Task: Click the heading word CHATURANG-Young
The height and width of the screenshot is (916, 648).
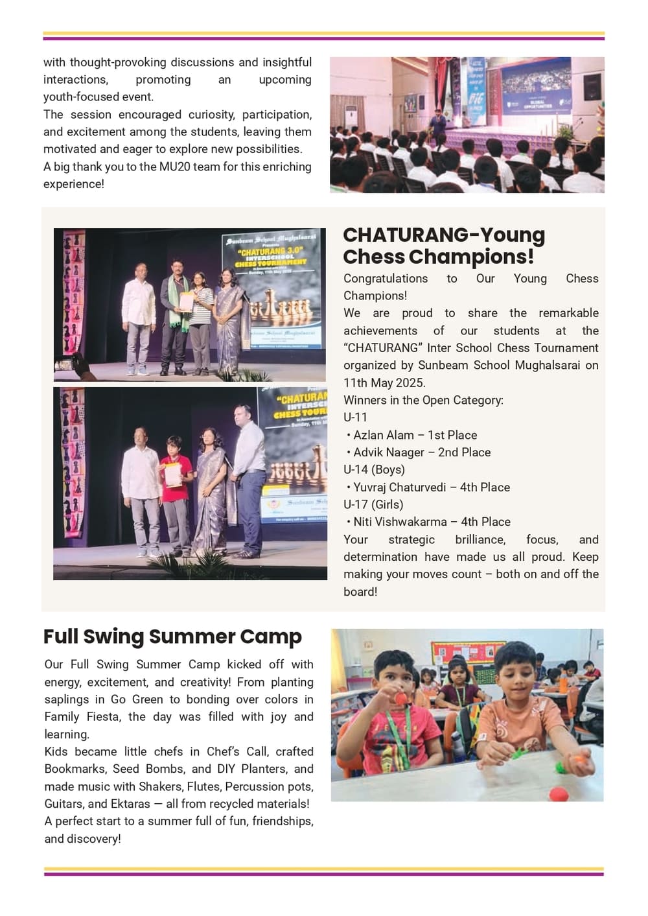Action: [x=444, y=235]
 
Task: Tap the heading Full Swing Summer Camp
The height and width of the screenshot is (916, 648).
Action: [x=172, y=637]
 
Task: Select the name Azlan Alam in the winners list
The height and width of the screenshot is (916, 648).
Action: [x=384, y=435]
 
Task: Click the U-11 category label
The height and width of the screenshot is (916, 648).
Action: [x=355, y=417]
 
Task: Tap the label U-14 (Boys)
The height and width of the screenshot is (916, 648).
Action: [x=374, y=470]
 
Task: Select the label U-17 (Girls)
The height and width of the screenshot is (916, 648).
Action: [x=373, y=504]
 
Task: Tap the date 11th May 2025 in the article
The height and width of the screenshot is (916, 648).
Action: [x=384, y=382]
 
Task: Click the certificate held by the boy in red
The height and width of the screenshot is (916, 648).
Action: [x=173, y=475]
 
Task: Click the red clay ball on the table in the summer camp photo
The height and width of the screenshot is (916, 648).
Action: [x=557, y=793]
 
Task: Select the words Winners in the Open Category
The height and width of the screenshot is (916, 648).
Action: [x=423, y=400]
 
